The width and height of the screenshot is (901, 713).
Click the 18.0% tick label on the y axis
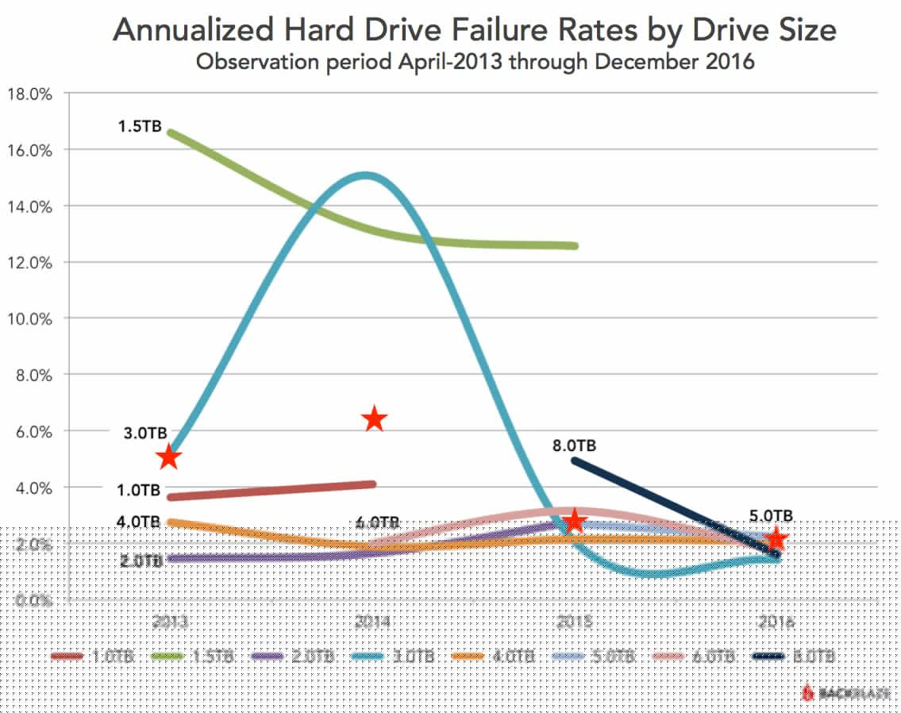pos(29,94)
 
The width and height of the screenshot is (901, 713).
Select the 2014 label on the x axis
pos(372,622)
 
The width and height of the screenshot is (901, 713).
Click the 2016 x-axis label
pos(775,622)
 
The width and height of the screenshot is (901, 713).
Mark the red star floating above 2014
pos(375,419)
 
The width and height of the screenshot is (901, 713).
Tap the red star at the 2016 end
pos(775,539)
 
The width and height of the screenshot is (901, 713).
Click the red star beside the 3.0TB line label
pos(168,457)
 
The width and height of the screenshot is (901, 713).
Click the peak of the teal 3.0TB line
pos(365,175)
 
